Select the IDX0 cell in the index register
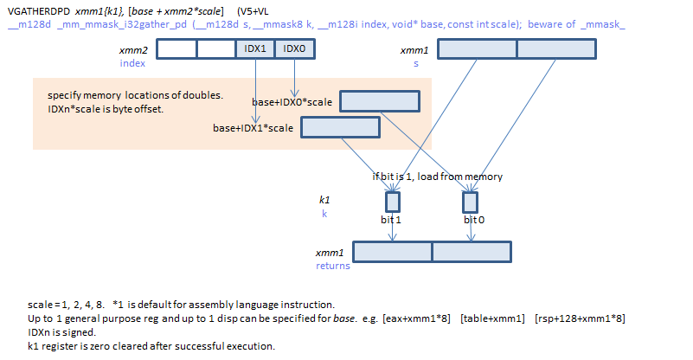click(x=293, y=49)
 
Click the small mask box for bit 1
click(x=392, y=202)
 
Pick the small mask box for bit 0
click(x=470, y=202)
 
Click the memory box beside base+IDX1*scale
click(x=340, y=127)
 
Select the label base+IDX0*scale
click(x=292, y=103)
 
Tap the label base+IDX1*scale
click(x=253, y=128)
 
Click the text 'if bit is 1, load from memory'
click(x=437, y=177)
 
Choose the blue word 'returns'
click(x=333, y=266)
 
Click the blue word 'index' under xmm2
click(x=132, y=63)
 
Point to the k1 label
click(x=324, y=200)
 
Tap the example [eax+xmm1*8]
click(x=417, y=318)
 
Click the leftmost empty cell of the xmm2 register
click(x=176, y=49)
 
